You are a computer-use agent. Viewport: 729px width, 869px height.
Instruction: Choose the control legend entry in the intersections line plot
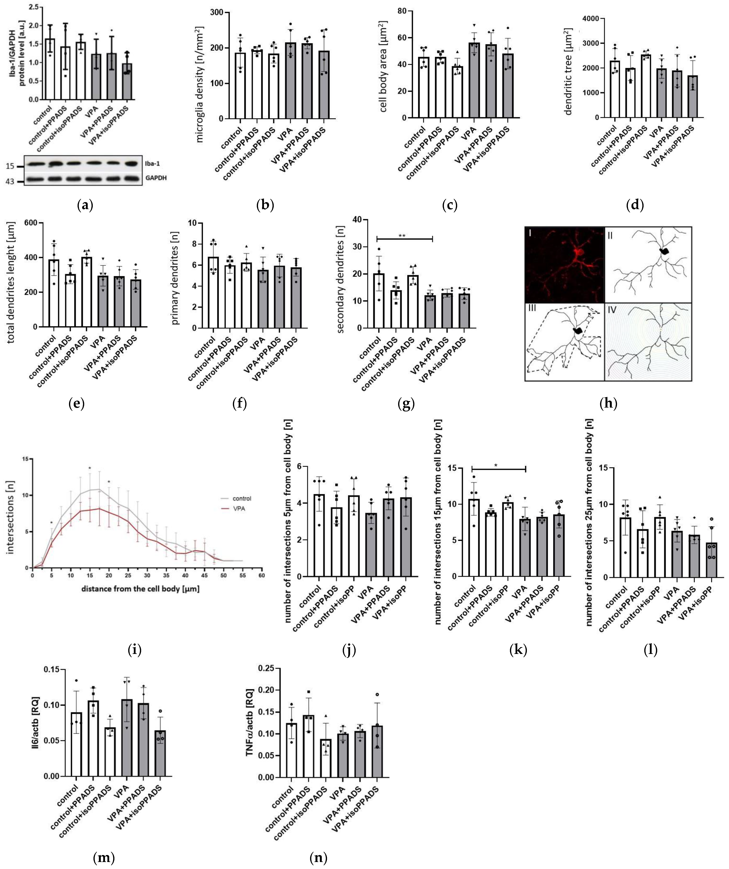(x=241, y=498)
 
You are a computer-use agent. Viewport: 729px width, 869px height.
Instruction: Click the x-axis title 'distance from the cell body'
(x=147, y=588)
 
